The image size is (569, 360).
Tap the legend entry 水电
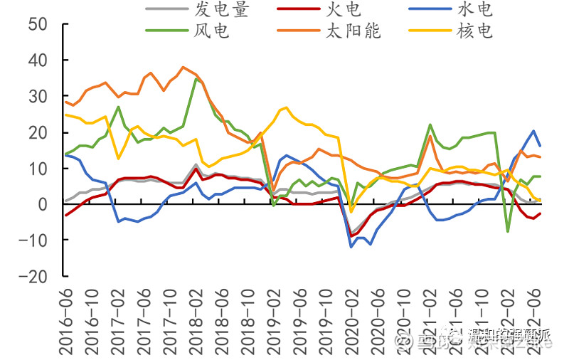(x=474, y=9)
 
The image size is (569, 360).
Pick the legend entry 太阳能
(x=353, y=31)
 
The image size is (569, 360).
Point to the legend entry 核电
(x=474, y=31)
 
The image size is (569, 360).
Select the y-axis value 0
(x=43, y=204)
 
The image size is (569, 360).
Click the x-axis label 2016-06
(x=67, y=320)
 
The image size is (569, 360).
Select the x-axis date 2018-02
(x=197, y=320)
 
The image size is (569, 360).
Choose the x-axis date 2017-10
(x=171, y=320)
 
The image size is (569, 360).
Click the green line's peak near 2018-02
(x=197, y=78)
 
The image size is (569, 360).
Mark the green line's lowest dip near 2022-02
(x=508, y=231)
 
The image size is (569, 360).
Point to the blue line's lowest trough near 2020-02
(x=351, y=247)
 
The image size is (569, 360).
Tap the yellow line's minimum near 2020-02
(x=351, y=211)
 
